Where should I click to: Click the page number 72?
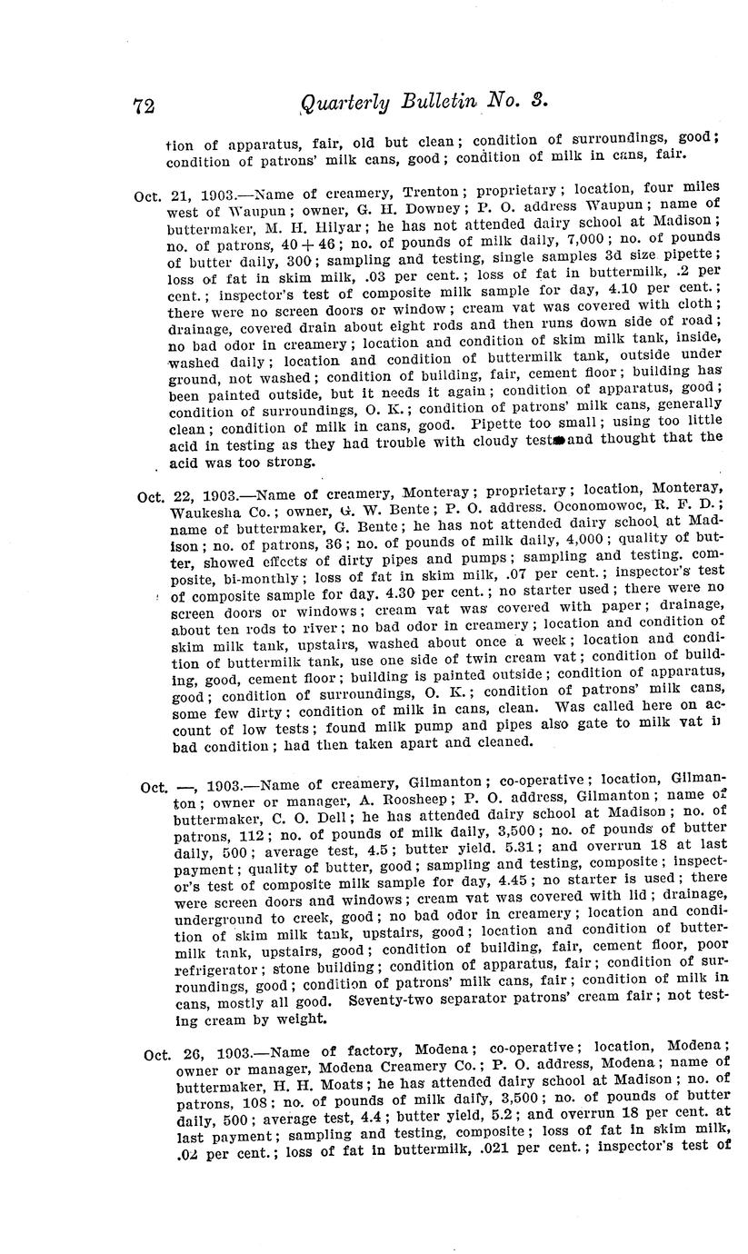coord(144,105)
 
